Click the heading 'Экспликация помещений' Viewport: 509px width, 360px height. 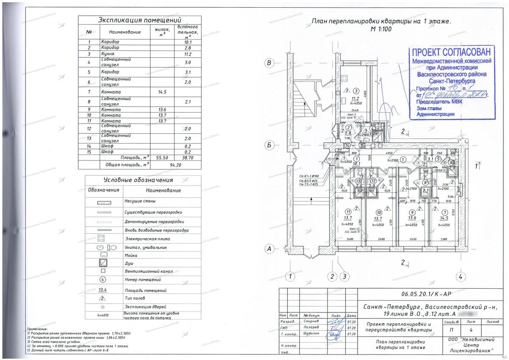coord(140,20)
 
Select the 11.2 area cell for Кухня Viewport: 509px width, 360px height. coord(188,54)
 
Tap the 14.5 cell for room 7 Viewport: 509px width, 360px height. coord(162,92)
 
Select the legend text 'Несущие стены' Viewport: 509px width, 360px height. coord(140,201)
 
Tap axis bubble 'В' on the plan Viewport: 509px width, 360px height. coord(268,64)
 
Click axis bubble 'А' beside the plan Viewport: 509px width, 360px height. coord(268,249)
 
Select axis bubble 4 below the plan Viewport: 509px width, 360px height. coord(460,277)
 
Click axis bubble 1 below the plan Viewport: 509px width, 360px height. coord(290,277)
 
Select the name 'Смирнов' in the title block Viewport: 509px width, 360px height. coord(311,322)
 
